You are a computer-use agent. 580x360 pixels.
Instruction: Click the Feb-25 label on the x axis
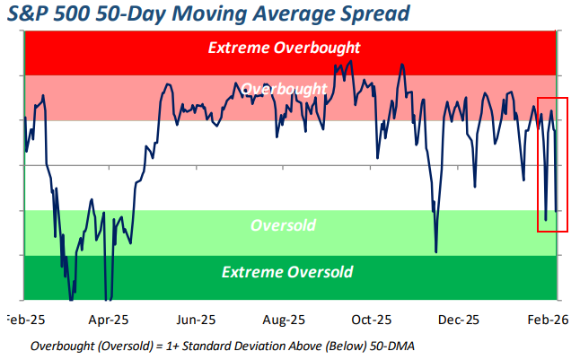[25, 320]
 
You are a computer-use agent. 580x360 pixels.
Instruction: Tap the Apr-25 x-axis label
[110, 320]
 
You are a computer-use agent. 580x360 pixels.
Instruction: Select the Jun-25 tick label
[195, 320]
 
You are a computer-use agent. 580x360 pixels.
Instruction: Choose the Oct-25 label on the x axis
[371, 320]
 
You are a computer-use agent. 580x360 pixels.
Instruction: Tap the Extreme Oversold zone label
[287, 272]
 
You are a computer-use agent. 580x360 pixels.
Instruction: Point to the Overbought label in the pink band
[284, 89]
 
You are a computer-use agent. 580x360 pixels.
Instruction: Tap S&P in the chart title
[32, 14]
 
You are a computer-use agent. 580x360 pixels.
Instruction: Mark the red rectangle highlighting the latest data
[552, 163]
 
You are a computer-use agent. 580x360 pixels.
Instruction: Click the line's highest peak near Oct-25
[401, 65]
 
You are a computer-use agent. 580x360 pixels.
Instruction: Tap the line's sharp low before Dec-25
[436, 251]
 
